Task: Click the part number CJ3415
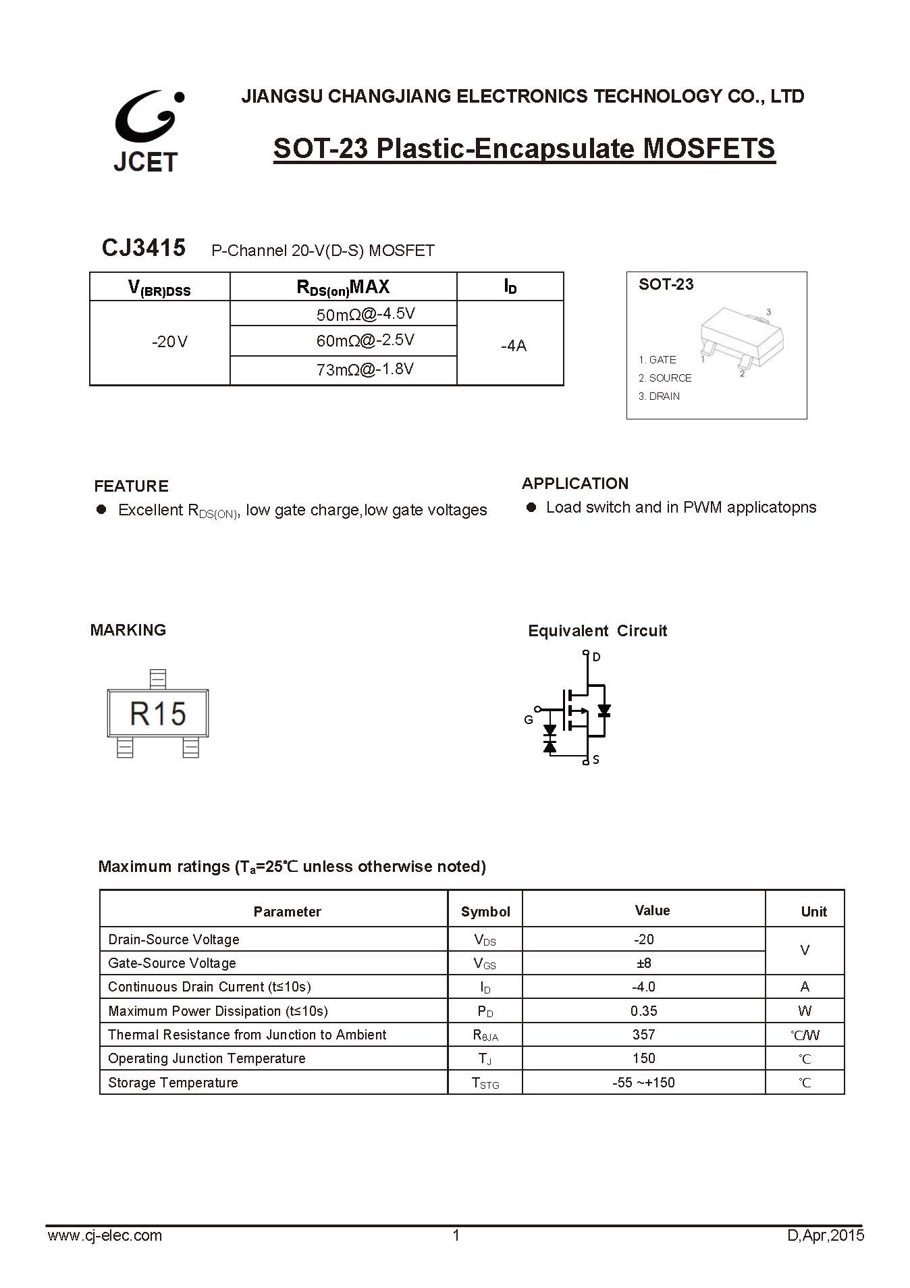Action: [x=143, y=248]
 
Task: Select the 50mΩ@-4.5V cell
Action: [x=365, y=314]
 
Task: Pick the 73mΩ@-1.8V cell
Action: [x=365, y=369]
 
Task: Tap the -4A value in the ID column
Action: [x=513, y=346]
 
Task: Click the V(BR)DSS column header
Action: [x=159, y=288]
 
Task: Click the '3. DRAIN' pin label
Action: [x=659, y=396]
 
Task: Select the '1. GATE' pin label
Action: [x=657, y=360]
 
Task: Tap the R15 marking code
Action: [x=158, y=714]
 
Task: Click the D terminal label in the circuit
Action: [x=597, y=656]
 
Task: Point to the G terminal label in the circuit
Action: [x=529, y=720]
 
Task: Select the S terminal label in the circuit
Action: [x=596, y=761]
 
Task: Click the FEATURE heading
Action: [x=131, y=486]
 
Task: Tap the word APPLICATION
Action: [x=575, y=484]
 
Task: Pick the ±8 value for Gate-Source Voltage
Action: [x=643, y=963]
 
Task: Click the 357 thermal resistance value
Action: [x=643, y=1035]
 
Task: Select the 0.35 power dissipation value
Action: [x=643, y=1011]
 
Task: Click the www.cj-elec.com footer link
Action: [x=105, y=1235]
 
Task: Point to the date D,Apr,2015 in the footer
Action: [x=826, y=1235]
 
